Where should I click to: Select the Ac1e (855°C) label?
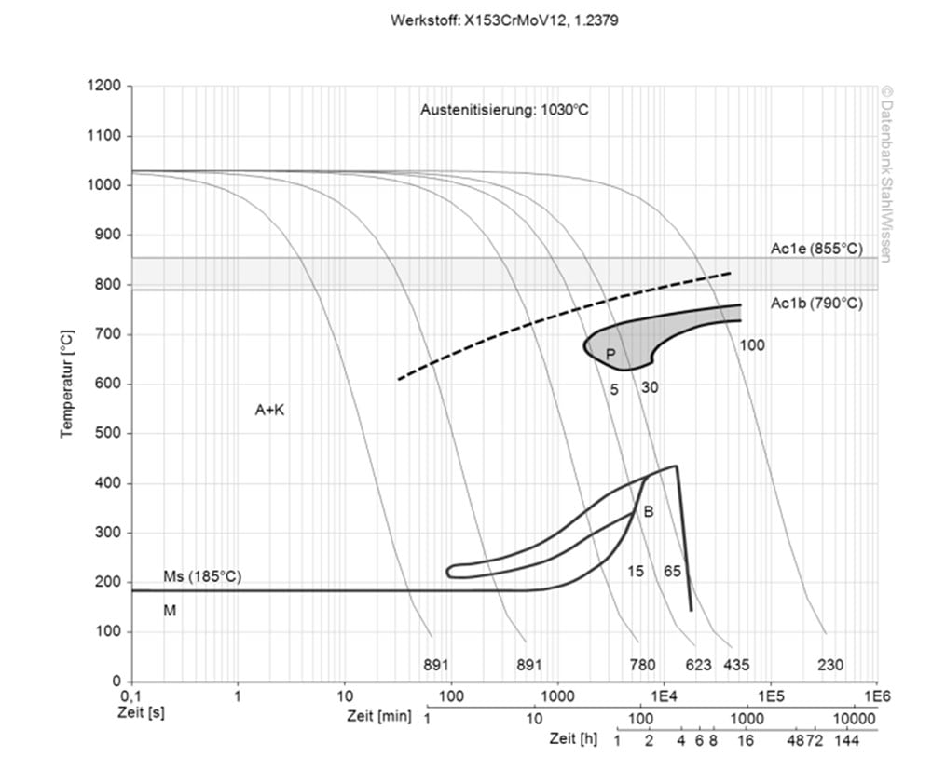tap(816, 250)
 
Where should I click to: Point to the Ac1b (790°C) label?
tap(816, 303)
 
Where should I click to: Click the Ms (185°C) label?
tap(202, 576)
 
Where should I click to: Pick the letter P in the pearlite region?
tap(610, 354)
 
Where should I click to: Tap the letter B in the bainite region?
tap(649, 511)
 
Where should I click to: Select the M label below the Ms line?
tap(170, 611)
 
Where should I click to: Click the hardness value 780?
tap(642, 665)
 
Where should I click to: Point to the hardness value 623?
tap(699, 665)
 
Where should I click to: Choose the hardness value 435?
tap(736, 665)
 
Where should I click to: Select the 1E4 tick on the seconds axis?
tap(663, 696)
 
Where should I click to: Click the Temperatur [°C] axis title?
tap(68, 384)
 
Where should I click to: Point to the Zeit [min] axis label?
tap(377, 718)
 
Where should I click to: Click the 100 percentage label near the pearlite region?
tap(752, 345)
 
